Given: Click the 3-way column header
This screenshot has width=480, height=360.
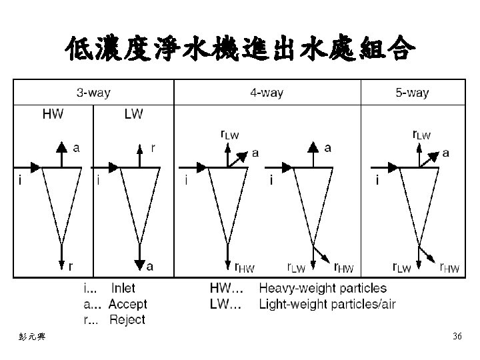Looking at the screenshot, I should (93, 93).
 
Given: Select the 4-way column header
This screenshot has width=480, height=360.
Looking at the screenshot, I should (267, 93).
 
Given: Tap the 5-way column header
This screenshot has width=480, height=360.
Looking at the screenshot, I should (412, 93).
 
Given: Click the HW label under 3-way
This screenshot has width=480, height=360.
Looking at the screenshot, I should (53, 114).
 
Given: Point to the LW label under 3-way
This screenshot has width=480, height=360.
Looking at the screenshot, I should (133, 114).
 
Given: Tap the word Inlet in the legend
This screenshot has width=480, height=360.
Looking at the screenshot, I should (123, 289).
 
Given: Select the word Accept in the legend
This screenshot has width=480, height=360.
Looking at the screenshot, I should (127, 304).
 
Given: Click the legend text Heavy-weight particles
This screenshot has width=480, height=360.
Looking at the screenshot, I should (323, 289).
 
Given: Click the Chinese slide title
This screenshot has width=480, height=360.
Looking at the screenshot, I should (240, 48).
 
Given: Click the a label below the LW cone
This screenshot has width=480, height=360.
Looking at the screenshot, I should (149, 266).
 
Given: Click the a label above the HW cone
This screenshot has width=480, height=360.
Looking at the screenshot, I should (77, 148).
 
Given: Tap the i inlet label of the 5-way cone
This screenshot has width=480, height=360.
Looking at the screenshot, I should (378, 179).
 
